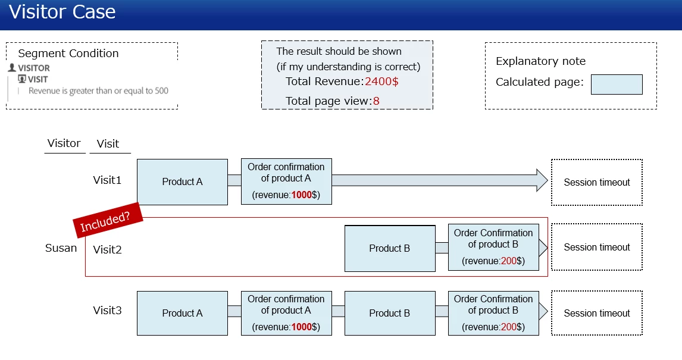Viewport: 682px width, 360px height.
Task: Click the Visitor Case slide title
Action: (62, 12)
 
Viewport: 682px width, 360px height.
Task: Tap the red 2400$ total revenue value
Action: (381, 82)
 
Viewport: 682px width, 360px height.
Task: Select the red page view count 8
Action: (376, 101)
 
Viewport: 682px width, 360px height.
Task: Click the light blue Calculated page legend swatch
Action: (617, 84)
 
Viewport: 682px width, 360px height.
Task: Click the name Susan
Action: (61, 248)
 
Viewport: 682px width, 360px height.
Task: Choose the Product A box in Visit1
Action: (182, 181)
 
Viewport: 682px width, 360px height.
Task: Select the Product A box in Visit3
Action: (182, 313)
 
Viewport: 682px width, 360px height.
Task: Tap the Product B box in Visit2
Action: (389, 248)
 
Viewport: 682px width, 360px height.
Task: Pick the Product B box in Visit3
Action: (389, 313)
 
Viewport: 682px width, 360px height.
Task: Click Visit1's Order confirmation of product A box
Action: (286, 181)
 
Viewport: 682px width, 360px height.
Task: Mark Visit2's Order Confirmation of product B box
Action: (493, 247)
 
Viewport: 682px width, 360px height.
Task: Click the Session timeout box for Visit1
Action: (597, 182)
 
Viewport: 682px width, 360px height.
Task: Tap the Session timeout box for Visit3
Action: (597, 313)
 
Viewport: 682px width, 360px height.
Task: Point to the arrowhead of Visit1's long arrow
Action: (542, 180)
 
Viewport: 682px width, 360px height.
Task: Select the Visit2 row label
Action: (107, 250)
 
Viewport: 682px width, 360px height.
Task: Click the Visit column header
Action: (108, 143)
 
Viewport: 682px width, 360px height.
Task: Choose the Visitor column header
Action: (64, 143)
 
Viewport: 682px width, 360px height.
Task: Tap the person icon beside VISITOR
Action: (12, 68)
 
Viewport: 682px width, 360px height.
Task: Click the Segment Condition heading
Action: (68, 54)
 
